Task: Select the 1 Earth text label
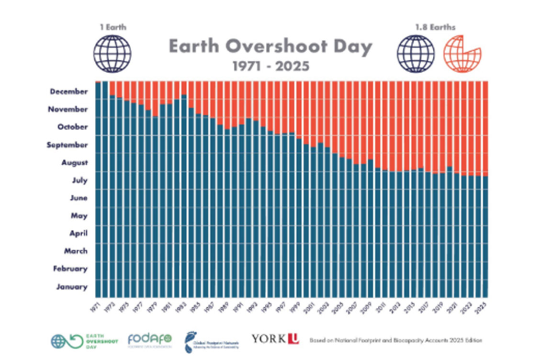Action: [113, 27]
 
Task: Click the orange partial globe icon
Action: [461, 54]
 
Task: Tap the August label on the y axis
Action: [74, 162]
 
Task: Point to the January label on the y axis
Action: [72, 287]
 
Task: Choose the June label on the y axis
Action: [78, 198]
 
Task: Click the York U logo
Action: [275, 339]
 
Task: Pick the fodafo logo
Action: [148, 339]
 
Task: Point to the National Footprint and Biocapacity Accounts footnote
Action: [396, 340]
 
